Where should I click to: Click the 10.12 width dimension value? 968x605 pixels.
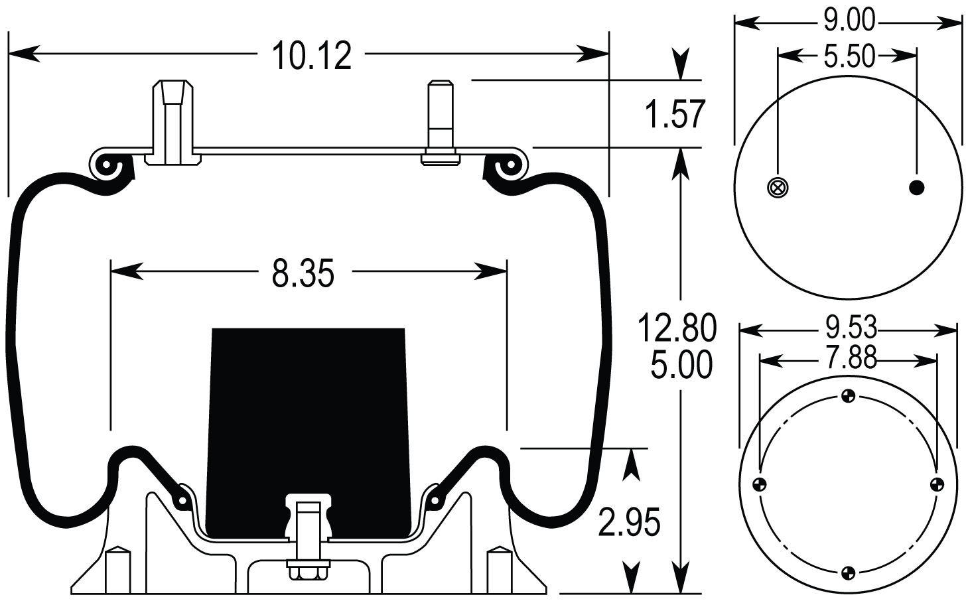pos(311,56)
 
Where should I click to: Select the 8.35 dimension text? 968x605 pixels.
pos(303,273)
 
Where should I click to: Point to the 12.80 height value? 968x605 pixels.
pos(677,328)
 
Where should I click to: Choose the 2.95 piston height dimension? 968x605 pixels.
pos(629,523)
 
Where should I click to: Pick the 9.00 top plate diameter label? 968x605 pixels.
pos(849,22)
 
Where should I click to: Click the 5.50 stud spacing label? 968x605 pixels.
pos(849,57)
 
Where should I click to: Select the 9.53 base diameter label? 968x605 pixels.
pos(849,328)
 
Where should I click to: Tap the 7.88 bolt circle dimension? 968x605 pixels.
pos(849,360)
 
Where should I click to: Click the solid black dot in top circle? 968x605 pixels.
pos(916,188)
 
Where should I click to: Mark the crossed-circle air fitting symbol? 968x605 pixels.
pos(776,188)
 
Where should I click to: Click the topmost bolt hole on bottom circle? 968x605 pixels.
pos(848,397)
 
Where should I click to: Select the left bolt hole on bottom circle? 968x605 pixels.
pos(760,483)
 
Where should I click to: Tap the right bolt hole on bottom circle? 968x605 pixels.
pos(937,484)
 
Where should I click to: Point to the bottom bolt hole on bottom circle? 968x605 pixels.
pos(848,571)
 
